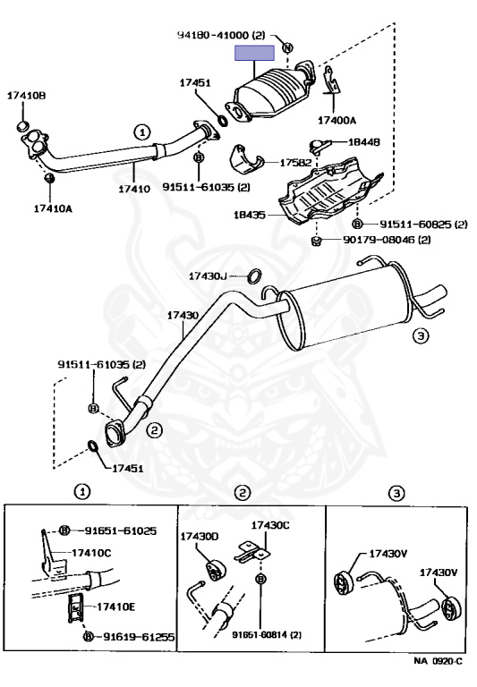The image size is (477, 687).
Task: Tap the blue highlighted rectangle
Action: (254, 53)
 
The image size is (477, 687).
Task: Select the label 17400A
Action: (336, 120)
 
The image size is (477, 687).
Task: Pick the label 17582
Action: (295, 163)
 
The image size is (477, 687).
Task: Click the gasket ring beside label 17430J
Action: (255, 276)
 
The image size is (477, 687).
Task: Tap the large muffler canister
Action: (346, 307)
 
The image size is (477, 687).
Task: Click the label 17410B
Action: (26, 96)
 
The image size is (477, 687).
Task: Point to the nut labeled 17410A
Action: (49, 178)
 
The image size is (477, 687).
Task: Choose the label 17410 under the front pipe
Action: (134, 189)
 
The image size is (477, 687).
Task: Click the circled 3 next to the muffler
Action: (421, 336)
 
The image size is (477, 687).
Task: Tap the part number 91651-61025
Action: (121, 531)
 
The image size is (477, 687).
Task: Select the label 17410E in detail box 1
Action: (115, 606)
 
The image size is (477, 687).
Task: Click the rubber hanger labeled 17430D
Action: (215, 570)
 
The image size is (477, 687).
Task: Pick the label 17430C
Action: (270, 525)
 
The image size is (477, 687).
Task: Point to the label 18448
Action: (364, 142)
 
